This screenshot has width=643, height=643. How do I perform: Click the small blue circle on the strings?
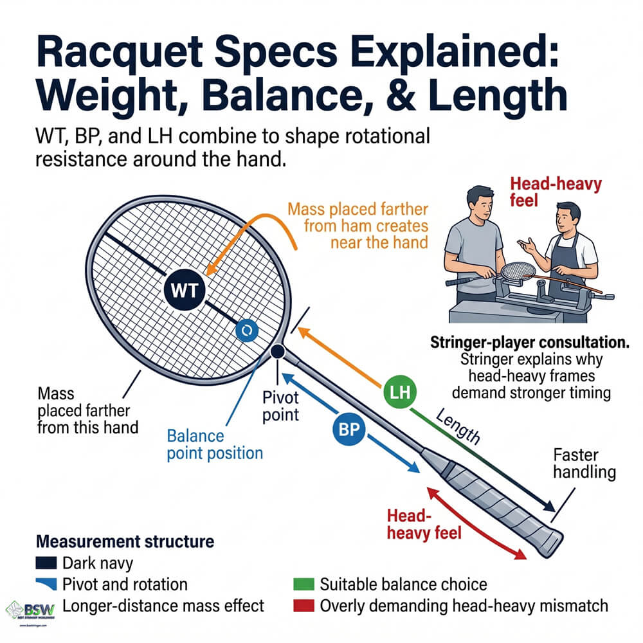(247, 331)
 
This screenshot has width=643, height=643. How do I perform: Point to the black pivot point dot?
(278, 352)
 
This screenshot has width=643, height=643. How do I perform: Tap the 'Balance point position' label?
(215, 444)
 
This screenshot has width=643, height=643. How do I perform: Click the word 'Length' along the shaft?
(458, 428)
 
